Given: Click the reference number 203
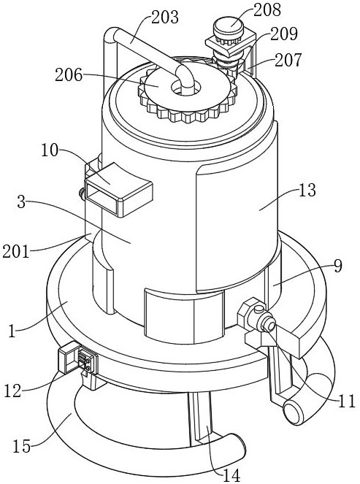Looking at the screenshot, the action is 165,18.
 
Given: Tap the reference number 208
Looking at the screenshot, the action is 267,9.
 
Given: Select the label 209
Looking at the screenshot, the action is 284,34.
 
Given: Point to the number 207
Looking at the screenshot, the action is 288,60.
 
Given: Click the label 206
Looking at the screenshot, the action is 69,75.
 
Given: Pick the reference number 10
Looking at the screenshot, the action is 50,151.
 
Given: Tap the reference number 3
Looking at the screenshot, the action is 21,201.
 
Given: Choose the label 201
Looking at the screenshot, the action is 15,251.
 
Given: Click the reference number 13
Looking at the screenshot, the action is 307,191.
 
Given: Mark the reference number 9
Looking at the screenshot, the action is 338,266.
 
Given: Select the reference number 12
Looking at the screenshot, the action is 12,391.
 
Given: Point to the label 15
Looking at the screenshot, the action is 22,446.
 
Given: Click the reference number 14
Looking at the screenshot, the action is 231,475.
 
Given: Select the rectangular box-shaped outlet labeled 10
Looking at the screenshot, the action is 119,190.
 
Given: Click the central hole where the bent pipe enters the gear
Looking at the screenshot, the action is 186,88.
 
